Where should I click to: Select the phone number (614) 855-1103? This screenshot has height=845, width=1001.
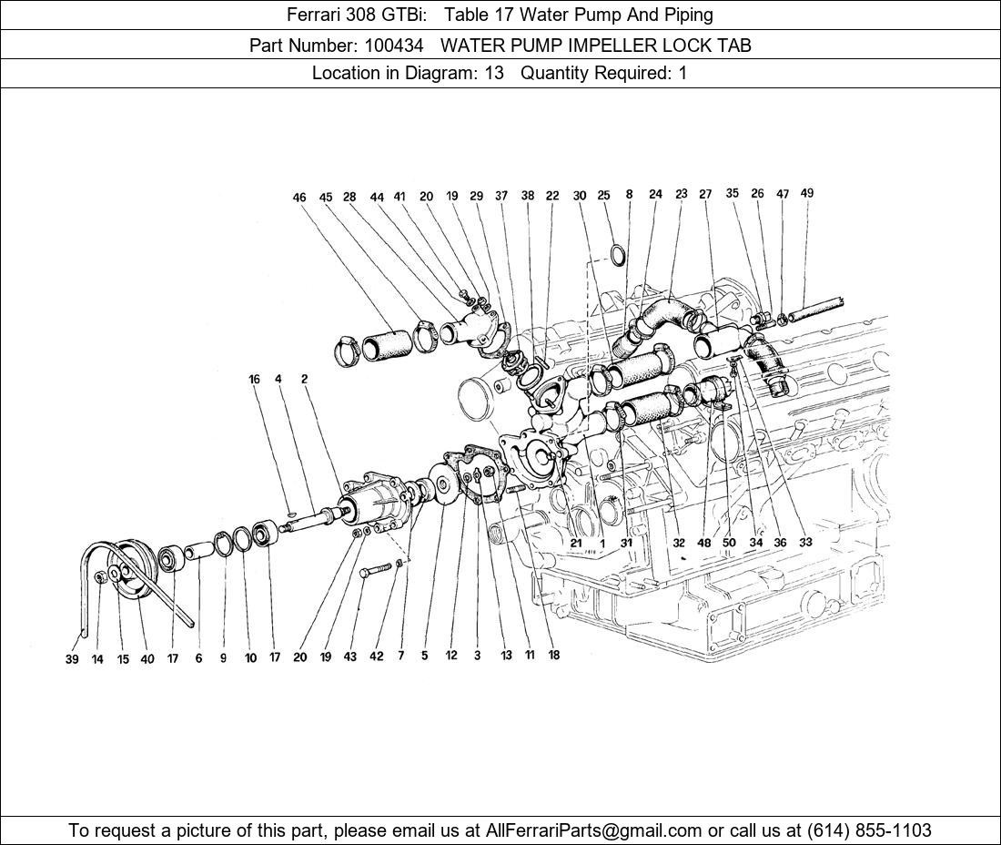point(869,830)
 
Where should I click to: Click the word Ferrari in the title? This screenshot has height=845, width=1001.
point(316,15)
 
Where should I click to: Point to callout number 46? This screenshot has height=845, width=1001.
point(299,198)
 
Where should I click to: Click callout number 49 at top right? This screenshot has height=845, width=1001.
point(806,193)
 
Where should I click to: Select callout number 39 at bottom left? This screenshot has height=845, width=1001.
point(72,659)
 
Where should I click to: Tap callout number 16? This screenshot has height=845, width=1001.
point(254,380)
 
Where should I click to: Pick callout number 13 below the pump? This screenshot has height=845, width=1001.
point(505,656)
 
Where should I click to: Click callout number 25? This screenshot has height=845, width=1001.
point(603,196)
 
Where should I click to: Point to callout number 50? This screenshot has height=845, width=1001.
point(729,543)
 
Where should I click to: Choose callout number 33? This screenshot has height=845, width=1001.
point(805,543)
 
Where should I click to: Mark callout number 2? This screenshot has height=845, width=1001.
point(304,380)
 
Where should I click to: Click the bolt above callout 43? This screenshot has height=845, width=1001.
point(377,571)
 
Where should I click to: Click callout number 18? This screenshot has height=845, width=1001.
point(554,656)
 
